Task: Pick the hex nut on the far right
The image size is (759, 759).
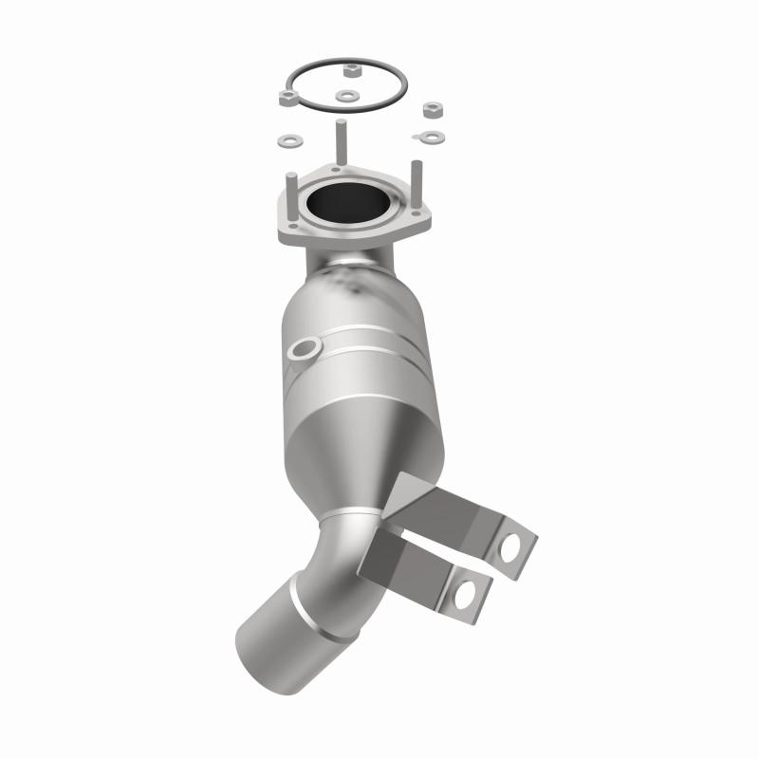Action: [x=433, y=110]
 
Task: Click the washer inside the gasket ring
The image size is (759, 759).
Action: [x=346, y=96]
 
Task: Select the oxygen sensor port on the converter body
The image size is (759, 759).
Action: [x=303, y=350]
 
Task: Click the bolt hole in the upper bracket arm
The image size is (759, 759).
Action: [x=511, y=546]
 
